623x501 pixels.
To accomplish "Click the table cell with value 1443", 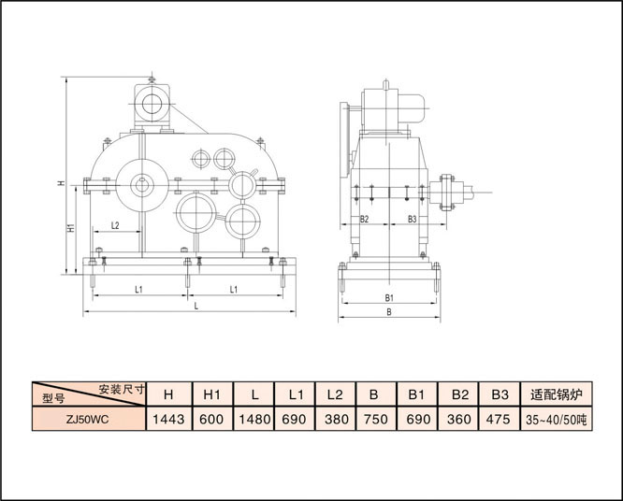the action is point(169,419).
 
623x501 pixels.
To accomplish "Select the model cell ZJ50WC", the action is point(88,419).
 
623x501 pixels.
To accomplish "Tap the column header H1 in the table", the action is point(212,394).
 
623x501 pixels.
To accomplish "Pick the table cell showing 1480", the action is point(254,419).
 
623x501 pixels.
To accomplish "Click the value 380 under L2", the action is point(335,419).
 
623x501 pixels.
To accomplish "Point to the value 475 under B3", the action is point(499,419).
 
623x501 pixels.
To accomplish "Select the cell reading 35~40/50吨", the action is point(557,419).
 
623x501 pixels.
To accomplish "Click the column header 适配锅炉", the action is point(557,394).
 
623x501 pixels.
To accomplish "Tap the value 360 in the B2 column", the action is point(458,419).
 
